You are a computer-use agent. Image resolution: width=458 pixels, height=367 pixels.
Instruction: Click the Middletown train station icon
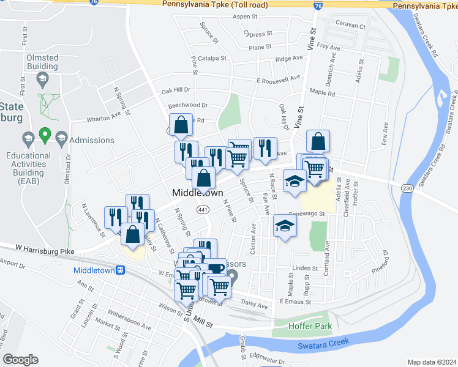[x=121, y=270]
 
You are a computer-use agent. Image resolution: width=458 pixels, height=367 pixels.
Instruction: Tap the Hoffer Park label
[x=310, y=326]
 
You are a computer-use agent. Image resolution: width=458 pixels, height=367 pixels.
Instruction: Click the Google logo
[x=20, y=360]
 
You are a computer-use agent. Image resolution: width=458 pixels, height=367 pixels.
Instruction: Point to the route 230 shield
[x=407, y=189]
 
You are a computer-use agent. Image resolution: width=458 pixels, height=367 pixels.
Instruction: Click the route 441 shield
[x=203, y=210]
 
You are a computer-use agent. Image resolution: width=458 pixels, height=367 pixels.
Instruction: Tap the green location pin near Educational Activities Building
[x=44, y=134]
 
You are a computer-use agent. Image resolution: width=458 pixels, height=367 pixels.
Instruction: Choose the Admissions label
[x=92, y=140]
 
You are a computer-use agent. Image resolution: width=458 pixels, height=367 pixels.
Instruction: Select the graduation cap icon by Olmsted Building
[x=42, y=78]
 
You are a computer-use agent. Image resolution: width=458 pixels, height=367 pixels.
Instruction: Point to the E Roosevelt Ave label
[x=279, y=79]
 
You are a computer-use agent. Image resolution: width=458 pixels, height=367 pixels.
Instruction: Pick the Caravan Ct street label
[x=350, y=26]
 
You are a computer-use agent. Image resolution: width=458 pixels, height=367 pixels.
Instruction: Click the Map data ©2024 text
[x=432, y=362]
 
